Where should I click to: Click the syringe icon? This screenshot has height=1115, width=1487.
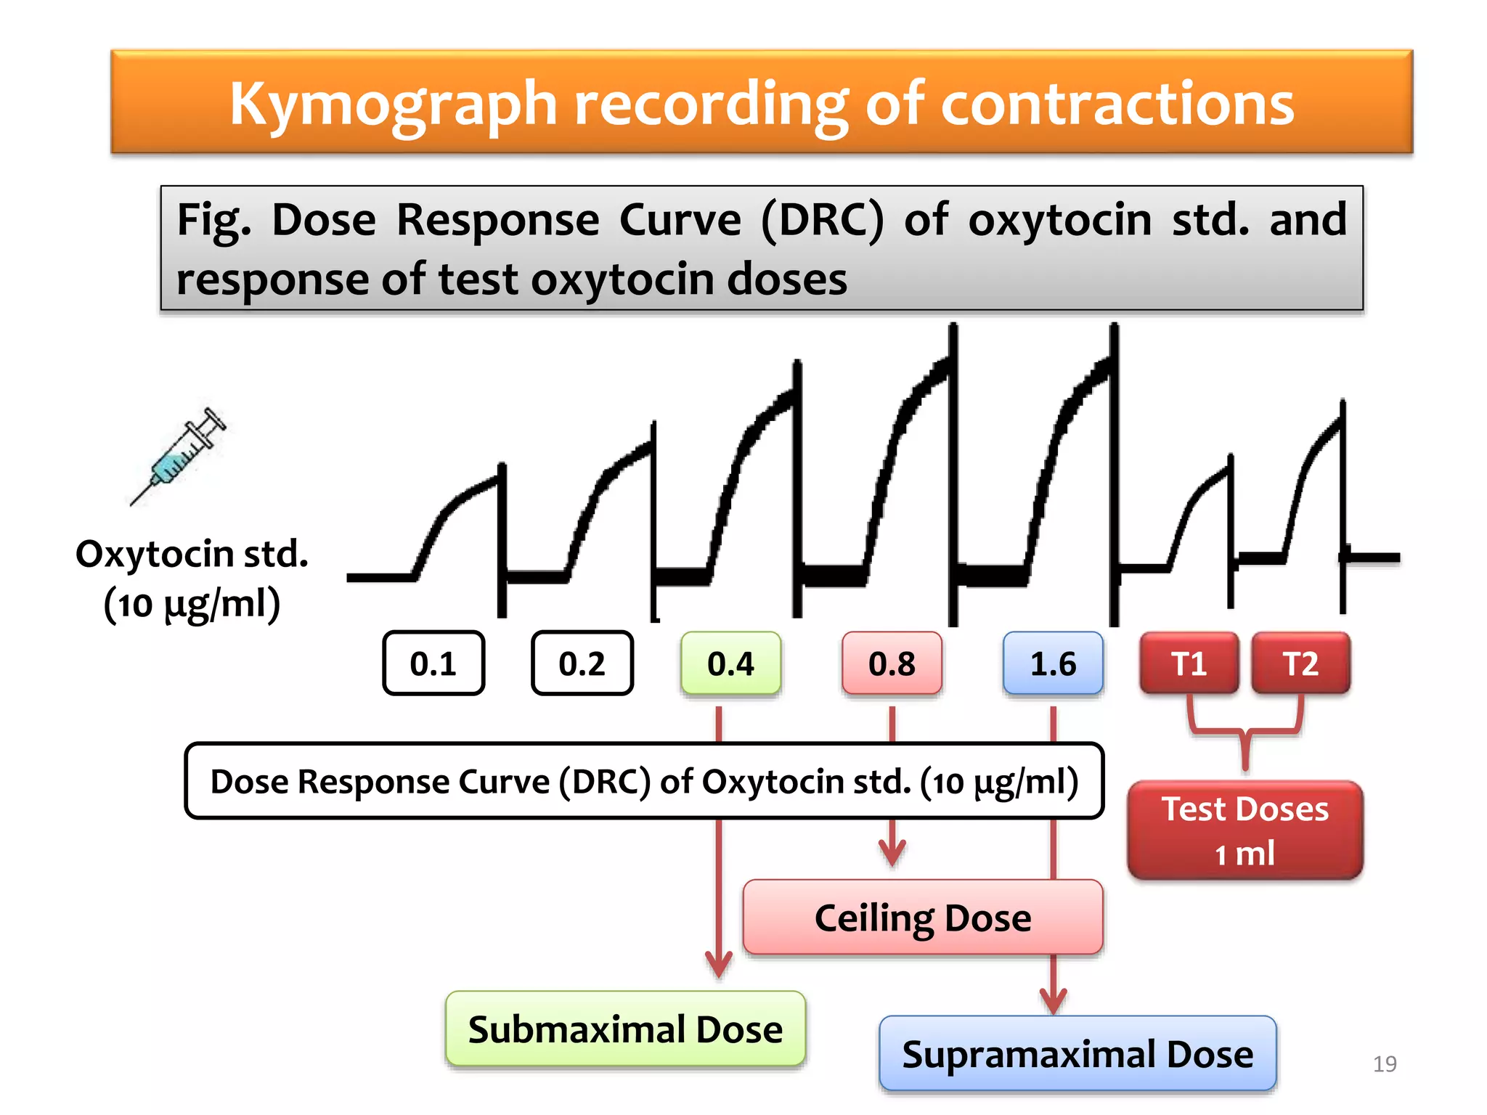179,455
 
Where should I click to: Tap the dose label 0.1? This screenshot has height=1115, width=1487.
433,663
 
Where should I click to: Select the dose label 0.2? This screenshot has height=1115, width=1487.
582,663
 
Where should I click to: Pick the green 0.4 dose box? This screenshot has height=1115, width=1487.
731,663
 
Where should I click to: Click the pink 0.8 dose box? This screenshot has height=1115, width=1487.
892,663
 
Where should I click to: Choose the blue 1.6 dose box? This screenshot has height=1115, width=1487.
1054,663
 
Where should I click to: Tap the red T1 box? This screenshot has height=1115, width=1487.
1189,663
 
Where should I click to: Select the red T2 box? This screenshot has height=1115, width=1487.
1300,663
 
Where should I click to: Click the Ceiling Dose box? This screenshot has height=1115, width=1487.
923,918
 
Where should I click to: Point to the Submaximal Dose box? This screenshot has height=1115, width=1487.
625,1029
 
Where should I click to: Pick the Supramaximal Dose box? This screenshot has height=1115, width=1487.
1077,1054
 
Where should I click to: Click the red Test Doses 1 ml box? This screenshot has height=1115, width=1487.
1245,830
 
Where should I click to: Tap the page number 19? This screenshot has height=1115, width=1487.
1385,1063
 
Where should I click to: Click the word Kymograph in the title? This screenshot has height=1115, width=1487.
393,104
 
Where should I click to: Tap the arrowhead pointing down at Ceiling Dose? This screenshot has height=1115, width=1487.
892,852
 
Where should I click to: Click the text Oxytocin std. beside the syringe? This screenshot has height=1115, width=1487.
192,554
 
